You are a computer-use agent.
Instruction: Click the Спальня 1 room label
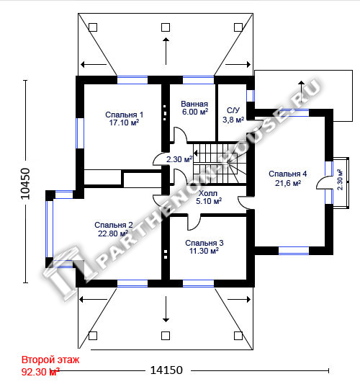click(124, 115)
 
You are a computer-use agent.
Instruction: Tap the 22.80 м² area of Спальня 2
click(113, 233)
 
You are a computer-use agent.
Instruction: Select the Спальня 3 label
click(204, 243)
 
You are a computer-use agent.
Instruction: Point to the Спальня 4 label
click(288, 174)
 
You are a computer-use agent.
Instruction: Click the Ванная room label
click(194, 104)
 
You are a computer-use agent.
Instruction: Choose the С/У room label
click(233, 110)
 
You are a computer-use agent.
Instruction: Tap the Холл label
click(208, 193)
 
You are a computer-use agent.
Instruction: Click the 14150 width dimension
click(166, 370)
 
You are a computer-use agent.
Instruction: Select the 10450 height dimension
click(25, 184)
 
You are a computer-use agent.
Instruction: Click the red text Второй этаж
click(50, 360)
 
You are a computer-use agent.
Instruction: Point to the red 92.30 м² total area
click(40, 372)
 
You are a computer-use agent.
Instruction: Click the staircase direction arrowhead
click(196, 153)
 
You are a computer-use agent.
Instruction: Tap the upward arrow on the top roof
click(166, 51)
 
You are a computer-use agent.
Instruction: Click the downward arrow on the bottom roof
click(166, 309)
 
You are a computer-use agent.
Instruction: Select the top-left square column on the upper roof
click(93, 27)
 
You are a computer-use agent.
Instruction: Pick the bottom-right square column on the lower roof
click(238, 336)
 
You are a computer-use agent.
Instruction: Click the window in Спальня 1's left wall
click(80, 133)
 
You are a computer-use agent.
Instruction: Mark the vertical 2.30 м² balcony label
click(340, 179)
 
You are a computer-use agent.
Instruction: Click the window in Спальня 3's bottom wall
click(199, 283)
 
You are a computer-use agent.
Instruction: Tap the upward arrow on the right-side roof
click(302, 92)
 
